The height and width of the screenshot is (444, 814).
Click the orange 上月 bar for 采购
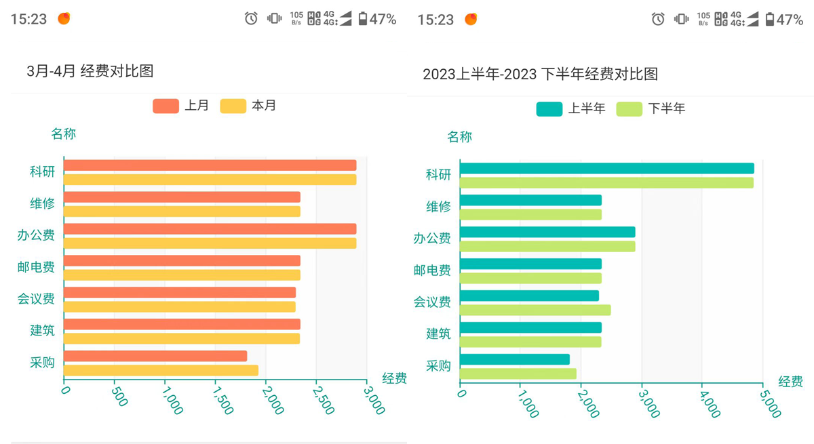[155, 356]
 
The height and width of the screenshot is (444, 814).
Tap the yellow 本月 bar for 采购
[161, 370]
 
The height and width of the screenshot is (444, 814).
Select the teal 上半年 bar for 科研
[606, 168]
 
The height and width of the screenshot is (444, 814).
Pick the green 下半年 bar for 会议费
[535, 310]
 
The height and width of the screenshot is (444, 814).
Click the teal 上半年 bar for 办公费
[547, 232]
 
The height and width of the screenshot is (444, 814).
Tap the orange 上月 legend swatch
[166, 106]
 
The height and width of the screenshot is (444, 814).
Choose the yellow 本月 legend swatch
[233, 106]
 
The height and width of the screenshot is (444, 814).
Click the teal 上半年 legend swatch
[549, 108]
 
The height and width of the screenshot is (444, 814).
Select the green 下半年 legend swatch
[629, 108]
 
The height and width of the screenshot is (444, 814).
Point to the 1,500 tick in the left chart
[223, 401]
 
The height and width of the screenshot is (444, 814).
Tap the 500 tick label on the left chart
[119, 397]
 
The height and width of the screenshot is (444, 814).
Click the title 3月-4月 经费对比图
[90, 71]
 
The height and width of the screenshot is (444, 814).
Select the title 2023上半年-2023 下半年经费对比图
[540, 74]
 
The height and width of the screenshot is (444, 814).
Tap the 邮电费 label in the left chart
[36, 267]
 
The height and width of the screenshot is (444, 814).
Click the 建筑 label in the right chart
[438, 334]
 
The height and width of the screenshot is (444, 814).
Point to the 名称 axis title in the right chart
[459, 137]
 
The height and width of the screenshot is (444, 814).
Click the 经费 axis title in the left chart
[394, 378]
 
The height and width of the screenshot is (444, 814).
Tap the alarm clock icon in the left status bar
[251, 19]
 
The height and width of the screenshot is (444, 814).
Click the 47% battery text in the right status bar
[790, 20]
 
